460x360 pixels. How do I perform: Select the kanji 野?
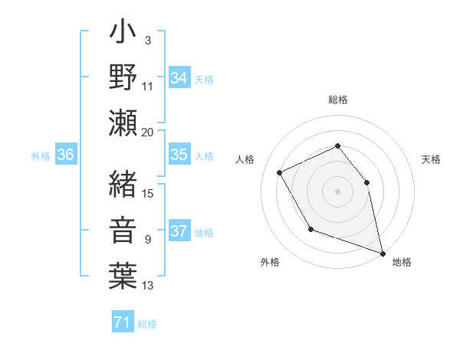pyautogui.click(x=123, y=78)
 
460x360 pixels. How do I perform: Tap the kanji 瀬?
pyautogui.click(x=123, y=123)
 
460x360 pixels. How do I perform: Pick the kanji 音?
pyautogui.click(x=123, y=231)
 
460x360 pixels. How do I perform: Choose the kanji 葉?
pyautogui.click(x=123, y=274)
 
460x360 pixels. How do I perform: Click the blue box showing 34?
pyautogui.click(x=179, y=78)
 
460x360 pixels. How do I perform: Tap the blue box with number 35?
pyautogui.click(x=179, y=155)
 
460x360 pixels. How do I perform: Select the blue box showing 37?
pyautogui.click(x=179, y=231)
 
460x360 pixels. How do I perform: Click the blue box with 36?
pyautogui.click(x=66, y=155)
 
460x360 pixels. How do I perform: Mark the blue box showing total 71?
pyautogui.click(x=122, y=322)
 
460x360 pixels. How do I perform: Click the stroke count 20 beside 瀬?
pyautogui.click(x=148, y=133)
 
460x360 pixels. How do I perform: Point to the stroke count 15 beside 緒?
pyautogui.click(x=148, y=193)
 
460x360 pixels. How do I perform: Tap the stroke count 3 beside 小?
pyautogui.click(x=148, y=40)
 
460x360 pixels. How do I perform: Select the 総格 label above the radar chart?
pyautogui.click(x=338, y=100)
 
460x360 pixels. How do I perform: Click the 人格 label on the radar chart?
pyautogui.click(x=245, y=160)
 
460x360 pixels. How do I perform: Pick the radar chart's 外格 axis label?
pyautogui.click(x=269, y=262)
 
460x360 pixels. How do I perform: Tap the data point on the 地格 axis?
pyautogui.click(x=383, y=253)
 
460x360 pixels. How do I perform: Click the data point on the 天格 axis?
pyautogui.click(x=366, y=182)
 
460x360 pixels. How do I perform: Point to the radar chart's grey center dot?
pyautogui.click(x=337, y=191)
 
